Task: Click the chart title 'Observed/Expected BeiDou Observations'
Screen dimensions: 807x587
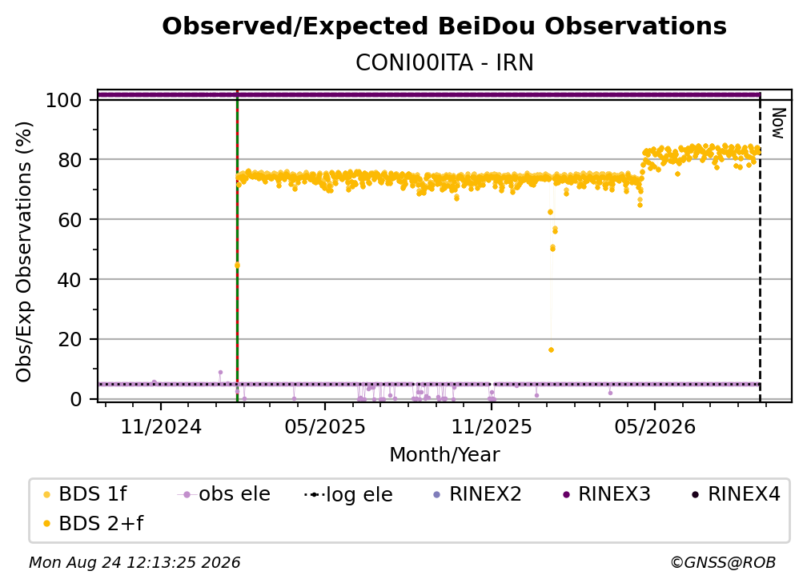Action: point(444,26)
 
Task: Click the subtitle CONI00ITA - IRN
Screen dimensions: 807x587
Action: point(444,63)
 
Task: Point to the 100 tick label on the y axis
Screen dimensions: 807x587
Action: point(63,100)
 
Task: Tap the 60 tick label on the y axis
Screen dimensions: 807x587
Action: point(70,219)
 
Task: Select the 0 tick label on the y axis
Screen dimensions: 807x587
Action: point(75,399)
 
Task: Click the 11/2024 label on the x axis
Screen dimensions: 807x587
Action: point(161,426)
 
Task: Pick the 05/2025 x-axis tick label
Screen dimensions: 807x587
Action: point(325,426)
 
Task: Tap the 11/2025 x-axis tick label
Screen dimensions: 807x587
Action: point(491,426)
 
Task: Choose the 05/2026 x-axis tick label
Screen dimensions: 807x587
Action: point(655,426)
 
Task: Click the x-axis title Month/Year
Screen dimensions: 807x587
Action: point(444,455)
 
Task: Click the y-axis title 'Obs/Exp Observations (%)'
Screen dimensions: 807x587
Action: point(24,252)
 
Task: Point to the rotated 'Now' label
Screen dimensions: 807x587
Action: point(778,123)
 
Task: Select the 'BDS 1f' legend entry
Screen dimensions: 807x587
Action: point(86,494)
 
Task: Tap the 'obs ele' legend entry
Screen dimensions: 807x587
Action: point(224,494)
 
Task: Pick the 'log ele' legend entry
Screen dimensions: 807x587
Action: point(349,494)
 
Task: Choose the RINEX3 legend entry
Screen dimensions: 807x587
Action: point(606,494)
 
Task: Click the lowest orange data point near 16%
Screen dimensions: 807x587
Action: point(551,350)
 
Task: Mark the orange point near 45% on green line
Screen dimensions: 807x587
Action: point(237,266)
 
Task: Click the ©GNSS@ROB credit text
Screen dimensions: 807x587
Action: point(723,563)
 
